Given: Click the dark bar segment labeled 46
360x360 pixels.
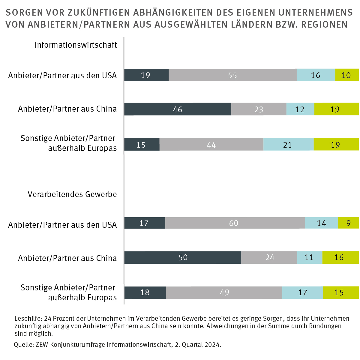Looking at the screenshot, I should click(x=178, y=109).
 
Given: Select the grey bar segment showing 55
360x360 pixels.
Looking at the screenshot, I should click(x=233, y=75).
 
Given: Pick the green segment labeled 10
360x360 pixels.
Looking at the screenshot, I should click(x=347, y=75).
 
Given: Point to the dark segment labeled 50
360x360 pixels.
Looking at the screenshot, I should click(x=183, y=257).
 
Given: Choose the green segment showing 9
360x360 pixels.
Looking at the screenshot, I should click(x=348, y=223).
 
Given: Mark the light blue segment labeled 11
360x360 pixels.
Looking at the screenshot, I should click(x=310, y=257).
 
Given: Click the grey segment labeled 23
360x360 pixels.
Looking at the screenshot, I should click(x=259, y=109).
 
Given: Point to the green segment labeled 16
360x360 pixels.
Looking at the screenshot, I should click(x=340, y=257).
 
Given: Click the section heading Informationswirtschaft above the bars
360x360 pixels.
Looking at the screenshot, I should click(x=76, y=45).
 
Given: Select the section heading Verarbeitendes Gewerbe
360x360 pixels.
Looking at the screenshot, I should click(x=72, y=194).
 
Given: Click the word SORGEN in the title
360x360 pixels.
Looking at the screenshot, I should click(x=24, y=13).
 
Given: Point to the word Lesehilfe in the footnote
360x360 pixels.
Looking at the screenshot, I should click(x=28, y=319).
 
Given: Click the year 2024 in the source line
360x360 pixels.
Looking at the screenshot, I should click(x=212, y=345).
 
